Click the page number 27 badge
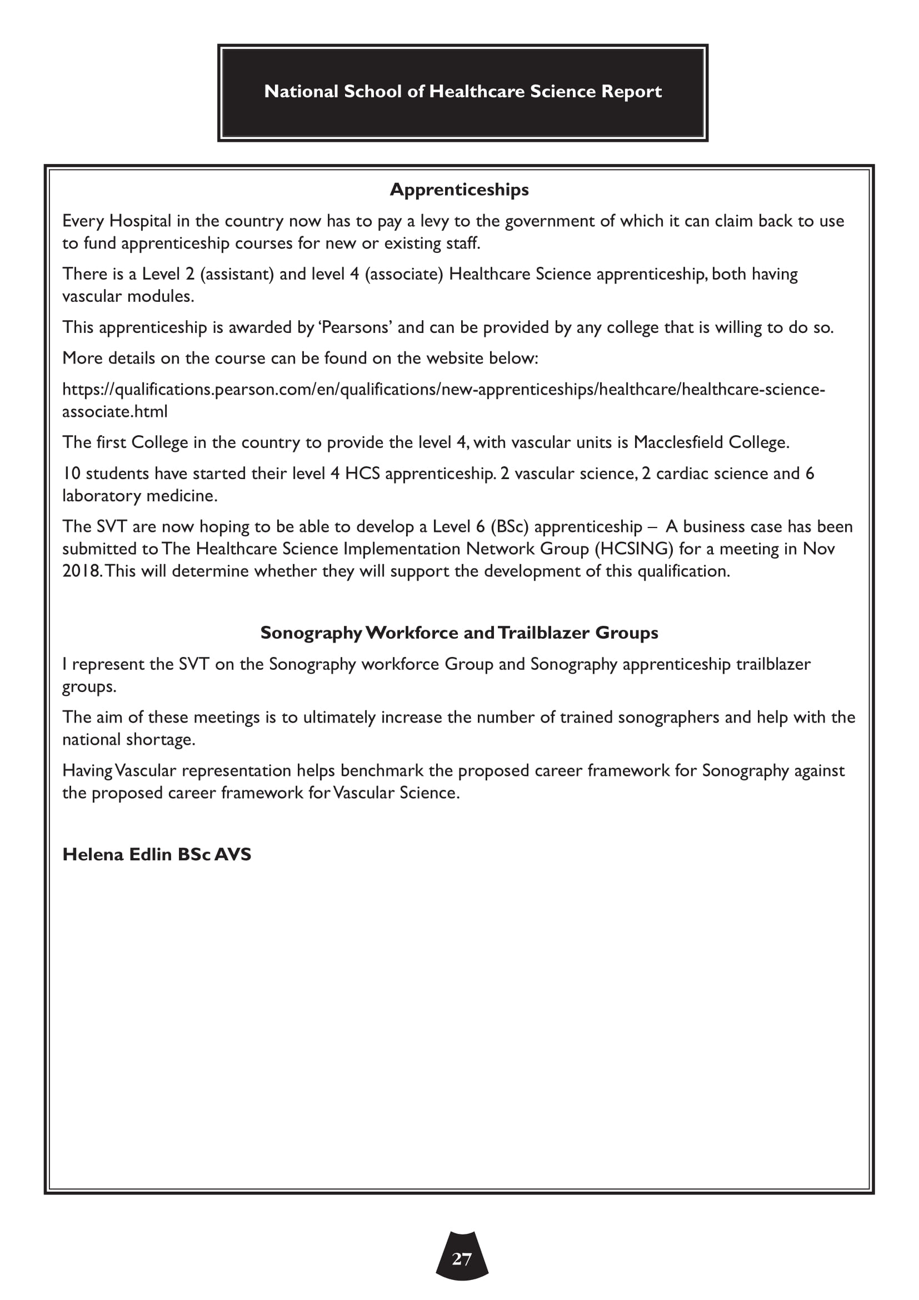462,1259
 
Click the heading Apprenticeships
459,190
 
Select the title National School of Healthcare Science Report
462,92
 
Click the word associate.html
115,412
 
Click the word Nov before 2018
819,549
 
